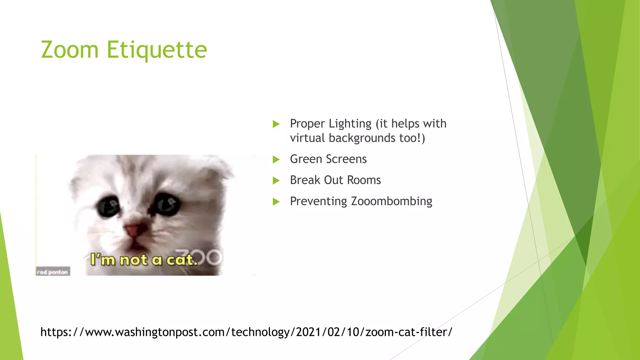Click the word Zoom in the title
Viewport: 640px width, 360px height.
pos(70,50)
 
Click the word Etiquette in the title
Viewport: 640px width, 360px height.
pos(157,50)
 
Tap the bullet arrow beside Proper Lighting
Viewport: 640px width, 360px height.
pos(276,124)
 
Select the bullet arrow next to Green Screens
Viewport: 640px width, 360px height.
pos(276,160)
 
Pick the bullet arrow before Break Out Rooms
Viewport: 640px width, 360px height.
pos(276,181)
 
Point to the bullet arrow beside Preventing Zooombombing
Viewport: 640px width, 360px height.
pos(276,202)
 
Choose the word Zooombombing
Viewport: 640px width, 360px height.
pos(392,202)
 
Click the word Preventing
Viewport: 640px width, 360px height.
pos(318,202)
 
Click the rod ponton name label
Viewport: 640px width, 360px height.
pos(53,272)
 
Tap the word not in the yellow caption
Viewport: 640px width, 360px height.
pos(133,260)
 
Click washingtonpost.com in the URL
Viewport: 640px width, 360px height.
pos(171,332)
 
